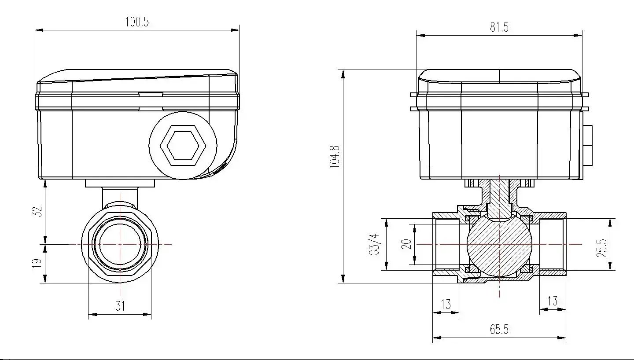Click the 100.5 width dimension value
[x=137, y=22]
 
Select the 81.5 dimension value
[x=499, y=27]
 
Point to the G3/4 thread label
[x=374, y=244]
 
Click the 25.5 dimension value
[x=603, y=248]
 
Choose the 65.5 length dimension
[x=499, y=330]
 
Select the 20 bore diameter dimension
[x=407, y=244]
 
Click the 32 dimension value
[x=38, y=211]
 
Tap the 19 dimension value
[x=37, y=263]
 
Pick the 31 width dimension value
[x=120, y=306]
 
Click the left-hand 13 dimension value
[x=446, y=304]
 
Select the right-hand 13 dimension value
[x=552, y=301]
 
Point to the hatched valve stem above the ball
[x=499, y=194]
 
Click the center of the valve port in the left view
[x=120, y=244]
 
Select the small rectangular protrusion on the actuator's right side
[x=587, y=145]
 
